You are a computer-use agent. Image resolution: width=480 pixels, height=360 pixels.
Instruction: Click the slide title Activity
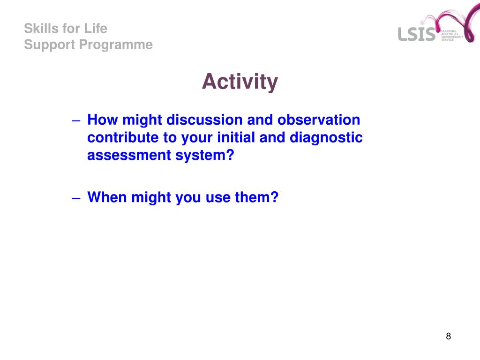coord(240,82)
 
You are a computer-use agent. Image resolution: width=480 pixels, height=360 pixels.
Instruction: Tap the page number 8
coord(449,336)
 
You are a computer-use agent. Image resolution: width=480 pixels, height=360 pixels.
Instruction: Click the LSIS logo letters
coord(417,34)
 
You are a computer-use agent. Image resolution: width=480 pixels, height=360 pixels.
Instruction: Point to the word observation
coord(319,120)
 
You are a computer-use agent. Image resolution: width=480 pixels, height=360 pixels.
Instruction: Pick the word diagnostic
coord(326,138)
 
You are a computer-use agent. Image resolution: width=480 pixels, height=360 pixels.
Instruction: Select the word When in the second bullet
coord(107,197)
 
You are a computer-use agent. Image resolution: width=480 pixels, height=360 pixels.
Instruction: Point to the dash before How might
coord(76,120)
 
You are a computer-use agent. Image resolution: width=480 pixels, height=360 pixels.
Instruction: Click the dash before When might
coord(76,198)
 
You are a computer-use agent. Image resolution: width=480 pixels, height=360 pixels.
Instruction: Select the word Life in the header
coord(96,29)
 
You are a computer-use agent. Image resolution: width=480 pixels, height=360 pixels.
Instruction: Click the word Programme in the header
coord(116,45)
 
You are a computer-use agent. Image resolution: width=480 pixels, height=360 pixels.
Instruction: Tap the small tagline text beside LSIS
coord(452,36)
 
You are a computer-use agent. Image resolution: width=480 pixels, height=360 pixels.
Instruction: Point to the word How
coord(103,120)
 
